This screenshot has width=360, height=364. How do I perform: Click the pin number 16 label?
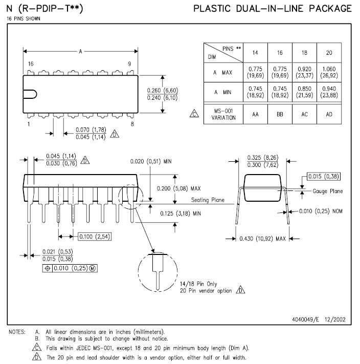(x=31, y=63)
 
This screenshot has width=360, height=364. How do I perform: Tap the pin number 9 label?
(x=130, y=63)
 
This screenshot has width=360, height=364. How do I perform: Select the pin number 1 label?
(x=29, y=124)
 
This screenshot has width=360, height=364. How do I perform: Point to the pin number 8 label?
(x=132, y=124)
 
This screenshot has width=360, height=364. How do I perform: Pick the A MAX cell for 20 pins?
(x=329, y=72)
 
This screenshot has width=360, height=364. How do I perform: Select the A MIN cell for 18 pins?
(x=304, y=92)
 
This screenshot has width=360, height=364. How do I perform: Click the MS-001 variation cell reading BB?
(x=280, y=114)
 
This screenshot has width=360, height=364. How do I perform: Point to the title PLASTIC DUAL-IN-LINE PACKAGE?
(x=273, y=9)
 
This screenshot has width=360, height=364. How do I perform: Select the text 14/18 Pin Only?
(x=198, y=283)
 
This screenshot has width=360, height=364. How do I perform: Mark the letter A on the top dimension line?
(x=80, y=51)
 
